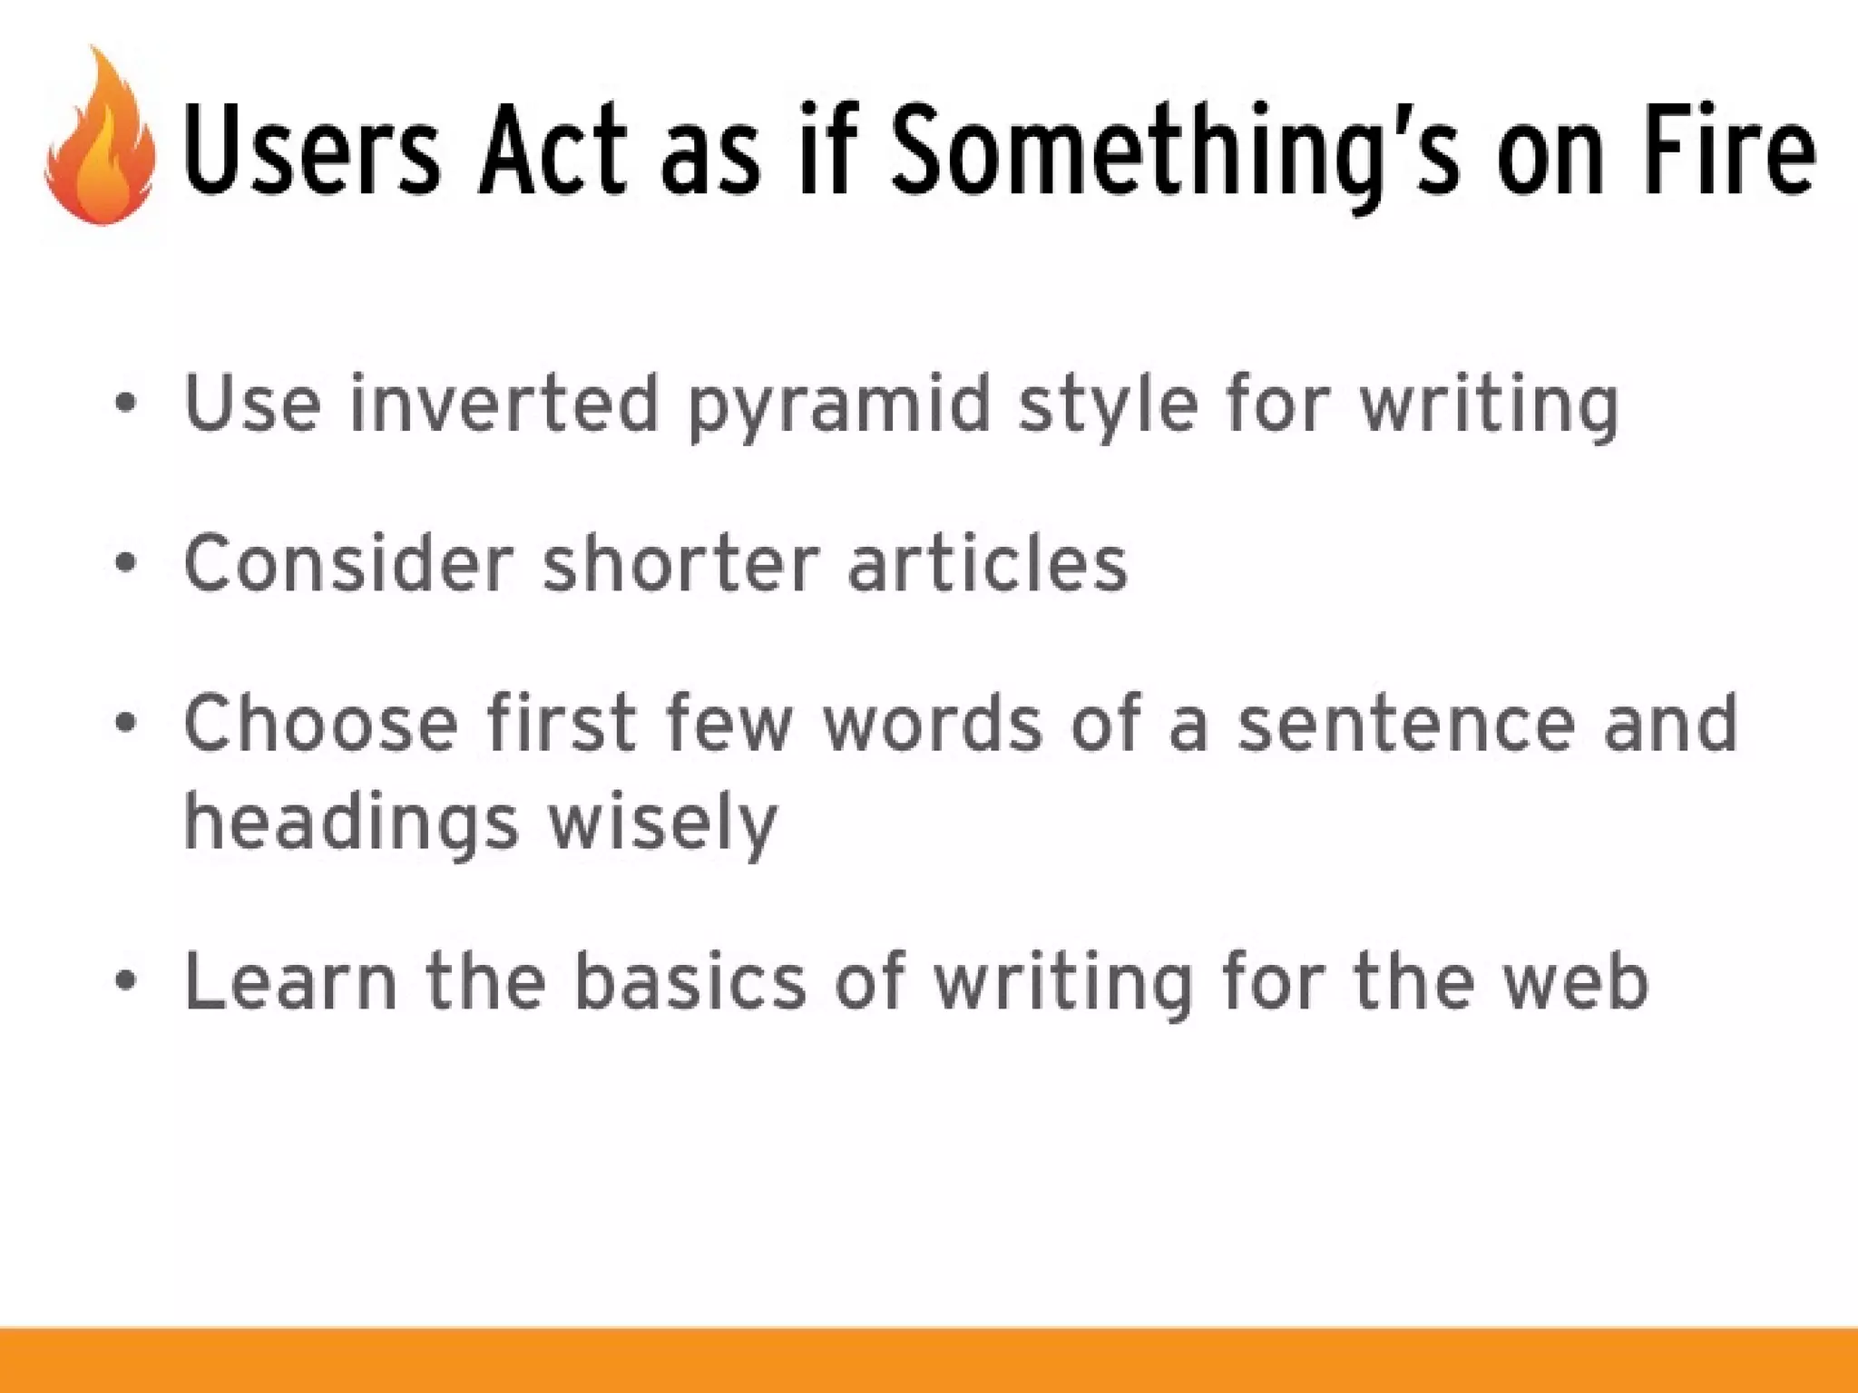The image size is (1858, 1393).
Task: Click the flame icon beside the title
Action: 100,141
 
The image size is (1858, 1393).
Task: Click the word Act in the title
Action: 553,150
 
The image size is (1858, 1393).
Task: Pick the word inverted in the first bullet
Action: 504,403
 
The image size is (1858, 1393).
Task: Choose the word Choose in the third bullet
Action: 321,723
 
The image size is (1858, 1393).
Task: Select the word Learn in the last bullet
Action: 290,981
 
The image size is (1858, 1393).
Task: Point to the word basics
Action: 689,981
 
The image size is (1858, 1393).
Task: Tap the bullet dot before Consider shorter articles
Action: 126,563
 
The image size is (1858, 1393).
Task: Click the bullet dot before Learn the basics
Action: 126,980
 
